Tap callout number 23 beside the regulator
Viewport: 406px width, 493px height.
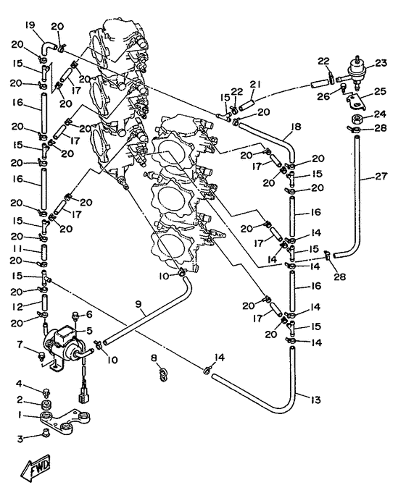381,63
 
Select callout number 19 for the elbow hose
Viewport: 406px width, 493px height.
30,25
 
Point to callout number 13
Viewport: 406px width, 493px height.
315,400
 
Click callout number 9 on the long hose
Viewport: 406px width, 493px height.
138,304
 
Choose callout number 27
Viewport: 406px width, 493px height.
381,177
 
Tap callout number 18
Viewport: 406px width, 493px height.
296,127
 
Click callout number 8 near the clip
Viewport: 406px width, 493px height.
154,358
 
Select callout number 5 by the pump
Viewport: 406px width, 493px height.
89,330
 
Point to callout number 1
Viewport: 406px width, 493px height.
20,416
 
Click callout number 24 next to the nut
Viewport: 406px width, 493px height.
381,114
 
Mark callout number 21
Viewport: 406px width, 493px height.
255,84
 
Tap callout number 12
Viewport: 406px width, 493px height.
18,306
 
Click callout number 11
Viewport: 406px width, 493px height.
17,249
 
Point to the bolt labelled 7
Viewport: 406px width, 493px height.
41,355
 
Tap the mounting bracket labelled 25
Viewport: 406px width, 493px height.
356,101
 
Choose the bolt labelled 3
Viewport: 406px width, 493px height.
45,434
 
